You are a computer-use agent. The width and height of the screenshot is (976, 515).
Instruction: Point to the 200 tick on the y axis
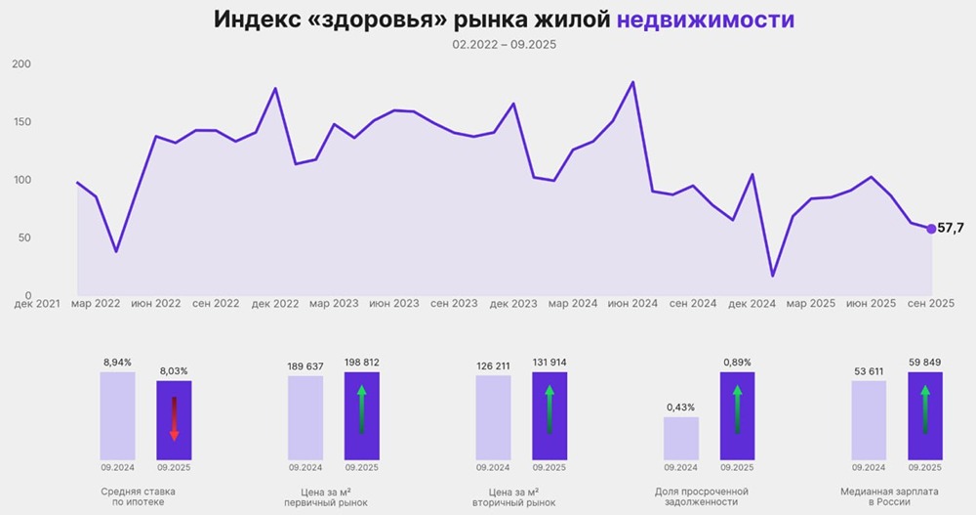[20, 64]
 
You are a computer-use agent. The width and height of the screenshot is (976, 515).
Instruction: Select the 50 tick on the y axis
[23, 237]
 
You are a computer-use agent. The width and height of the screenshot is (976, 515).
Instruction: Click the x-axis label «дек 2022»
[274, 304]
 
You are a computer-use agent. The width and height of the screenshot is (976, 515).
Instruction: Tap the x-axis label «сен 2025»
[929, 304]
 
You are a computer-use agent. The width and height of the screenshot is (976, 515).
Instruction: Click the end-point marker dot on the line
[931, 229]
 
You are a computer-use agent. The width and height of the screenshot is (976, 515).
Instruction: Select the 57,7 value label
[951, 229]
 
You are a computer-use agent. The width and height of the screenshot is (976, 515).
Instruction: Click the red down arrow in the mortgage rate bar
[175, 420]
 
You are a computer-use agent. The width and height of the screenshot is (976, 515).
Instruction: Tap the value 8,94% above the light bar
[117, 362]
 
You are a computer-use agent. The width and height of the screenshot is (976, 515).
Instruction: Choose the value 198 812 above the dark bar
[361, 362]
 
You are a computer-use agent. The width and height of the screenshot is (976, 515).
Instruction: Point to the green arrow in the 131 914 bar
[549, 408]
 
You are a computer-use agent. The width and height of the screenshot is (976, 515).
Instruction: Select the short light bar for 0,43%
[681, 438]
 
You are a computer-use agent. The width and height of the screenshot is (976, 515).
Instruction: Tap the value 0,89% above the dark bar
[737, 362]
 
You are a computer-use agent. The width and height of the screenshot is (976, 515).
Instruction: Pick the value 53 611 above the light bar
[869, 371]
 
